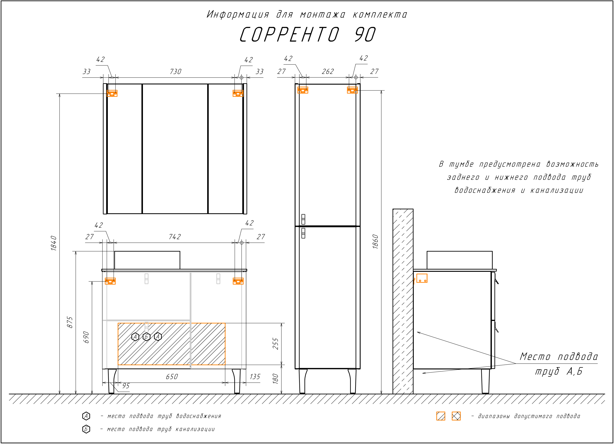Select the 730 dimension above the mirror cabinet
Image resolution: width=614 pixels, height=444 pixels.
(x=175, y=71)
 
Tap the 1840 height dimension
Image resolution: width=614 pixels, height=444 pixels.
(x=54, y=243)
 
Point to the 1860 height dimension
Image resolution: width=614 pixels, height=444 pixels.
(x=375, y=241)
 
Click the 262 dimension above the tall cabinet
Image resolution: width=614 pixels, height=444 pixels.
(x=328, y=71)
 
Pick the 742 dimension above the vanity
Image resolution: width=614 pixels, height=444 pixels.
(x=175, y=237)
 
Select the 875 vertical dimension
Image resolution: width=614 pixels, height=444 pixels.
(x=70, y=322)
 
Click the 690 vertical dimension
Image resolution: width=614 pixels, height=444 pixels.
(x=86, y=337)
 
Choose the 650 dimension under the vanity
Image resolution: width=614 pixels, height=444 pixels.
(x=172, y=377)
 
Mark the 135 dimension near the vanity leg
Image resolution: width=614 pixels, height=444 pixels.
(x=255, y=377)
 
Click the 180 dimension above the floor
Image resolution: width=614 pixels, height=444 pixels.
(x=276, y=378)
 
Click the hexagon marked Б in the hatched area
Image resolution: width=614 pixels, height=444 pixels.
(x=147, y=337)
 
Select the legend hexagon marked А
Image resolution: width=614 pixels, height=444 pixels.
(x=86, y=416)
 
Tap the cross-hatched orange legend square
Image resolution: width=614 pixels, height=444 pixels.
(x=456, y=416)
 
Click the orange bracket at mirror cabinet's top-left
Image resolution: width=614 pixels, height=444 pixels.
(x=112, y=93)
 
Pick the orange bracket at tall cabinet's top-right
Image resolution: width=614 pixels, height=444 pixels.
(x=352, y=90)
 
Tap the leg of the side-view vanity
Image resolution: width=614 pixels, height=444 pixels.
(x=485, y=381)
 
